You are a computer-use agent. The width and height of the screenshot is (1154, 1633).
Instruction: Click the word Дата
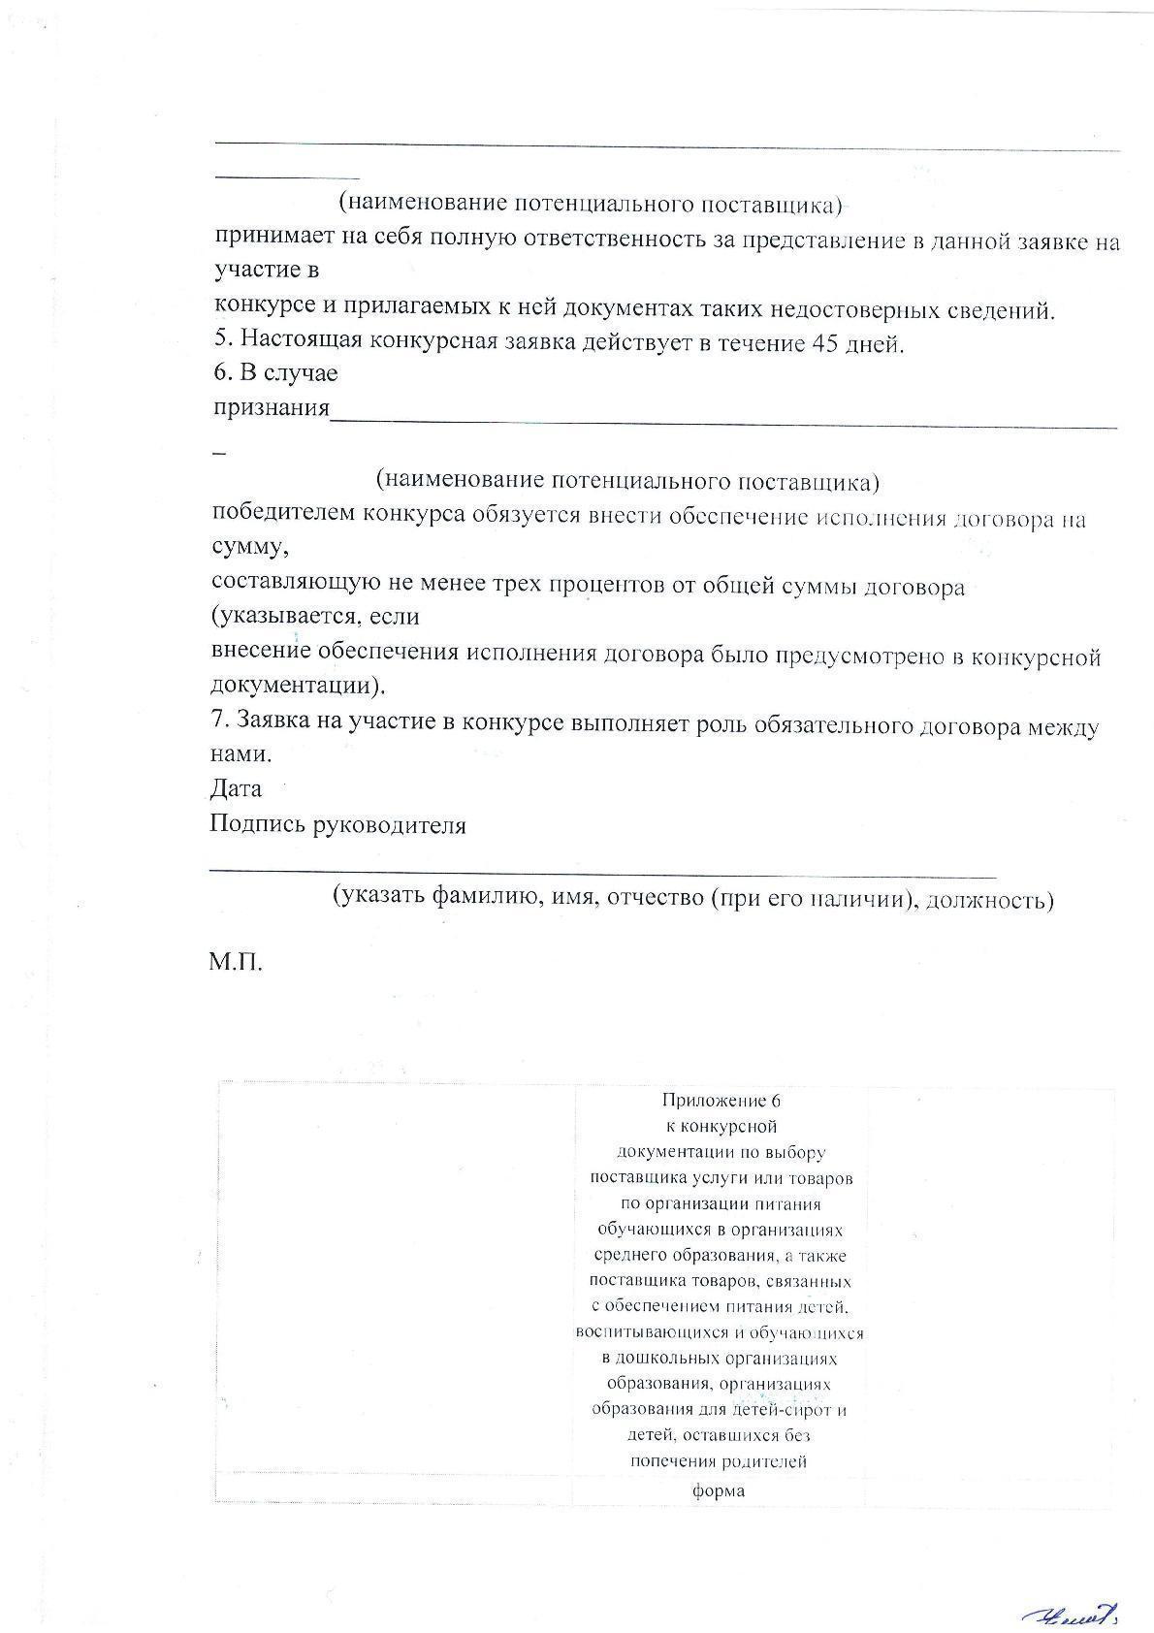click(236, 788)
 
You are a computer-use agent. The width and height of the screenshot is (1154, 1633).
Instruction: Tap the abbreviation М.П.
click(235, 963)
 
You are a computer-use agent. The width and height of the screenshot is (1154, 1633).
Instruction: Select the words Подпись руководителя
click(337, 825)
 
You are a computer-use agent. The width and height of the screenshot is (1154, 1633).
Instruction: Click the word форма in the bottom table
click(719, 1490)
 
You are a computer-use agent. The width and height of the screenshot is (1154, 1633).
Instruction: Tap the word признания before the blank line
click(272, 407)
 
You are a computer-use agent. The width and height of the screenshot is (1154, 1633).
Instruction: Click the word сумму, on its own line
click(250, 546)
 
